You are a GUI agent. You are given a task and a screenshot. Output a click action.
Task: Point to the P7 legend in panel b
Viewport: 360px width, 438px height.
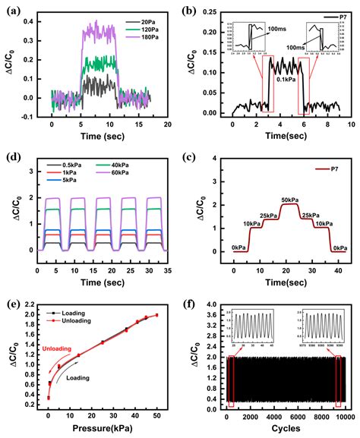click(x=331, y=16)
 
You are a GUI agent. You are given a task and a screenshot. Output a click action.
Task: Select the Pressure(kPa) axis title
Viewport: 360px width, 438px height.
click(x=99, y=429)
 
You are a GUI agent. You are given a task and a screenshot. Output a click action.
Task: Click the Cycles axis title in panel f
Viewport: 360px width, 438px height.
click(x=280, y=429)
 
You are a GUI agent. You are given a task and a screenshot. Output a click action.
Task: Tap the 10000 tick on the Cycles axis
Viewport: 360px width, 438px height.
click(x=346, y=416)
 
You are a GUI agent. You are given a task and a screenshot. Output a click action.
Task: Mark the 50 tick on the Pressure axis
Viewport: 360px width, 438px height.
click(x=156, y=416)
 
